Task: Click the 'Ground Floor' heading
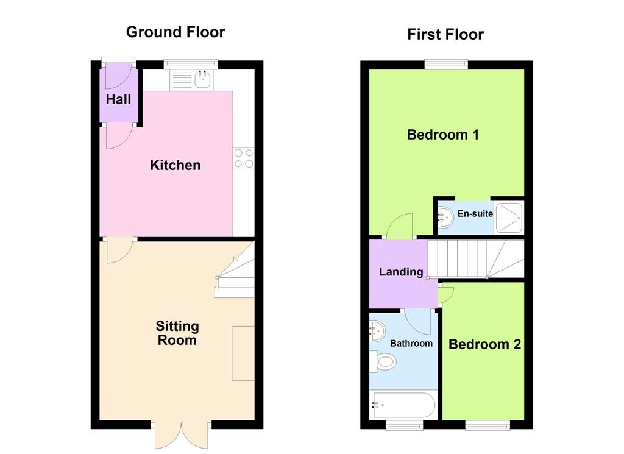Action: coord(175,32)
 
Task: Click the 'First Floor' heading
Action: coord(445,34)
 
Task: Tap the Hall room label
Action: coord(118,99)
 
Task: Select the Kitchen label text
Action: coord(175,165)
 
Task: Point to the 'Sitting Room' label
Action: coord(177,333)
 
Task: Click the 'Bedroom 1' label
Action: coord(442,135)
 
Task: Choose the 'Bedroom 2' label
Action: coord(484,344)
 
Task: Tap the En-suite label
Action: coord(475,214)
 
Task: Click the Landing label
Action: coord(401,272)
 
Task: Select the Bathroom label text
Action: coord(411,343)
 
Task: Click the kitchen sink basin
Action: coord(203,80)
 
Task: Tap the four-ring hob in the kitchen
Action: coord(244,158)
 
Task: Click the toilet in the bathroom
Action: coord(383,362)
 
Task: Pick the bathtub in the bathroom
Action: coord(403,405)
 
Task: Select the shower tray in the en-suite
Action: coord(509,218)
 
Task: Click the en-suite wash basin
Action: coord(445,218)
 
